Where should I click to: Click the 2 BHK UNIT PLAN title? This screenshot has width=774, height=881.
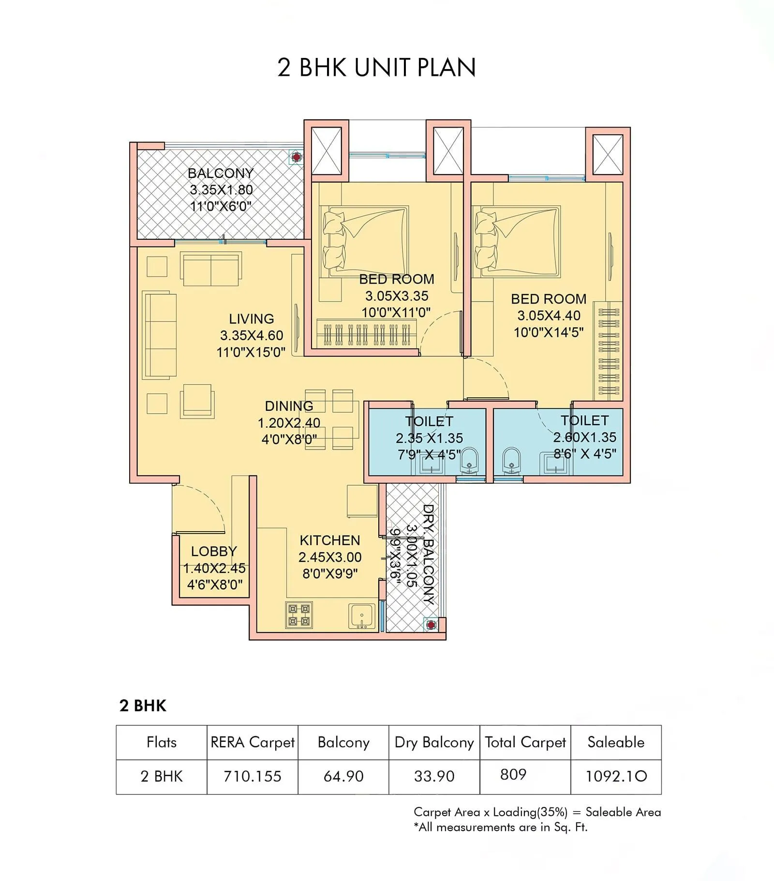(x=376, y=67)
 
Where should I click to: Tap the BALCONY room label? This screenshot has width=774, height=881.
(x=221, y=173)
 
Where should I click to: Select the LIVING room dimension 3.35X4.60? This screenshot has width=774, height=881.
(x=252, y=335)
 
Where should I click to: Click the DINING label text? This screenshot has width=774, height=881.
(x=289, y=406)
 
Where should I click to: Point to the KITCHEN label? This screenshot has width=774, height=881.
(x=330, y=540)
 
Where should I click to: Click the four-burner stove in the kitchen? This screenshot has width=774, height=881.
(x=299, y=615)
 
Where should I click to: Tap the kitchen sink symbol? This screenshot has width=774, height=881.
(x=361, y=616)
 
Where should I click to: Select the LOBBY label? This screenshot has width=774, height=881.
(x=214, y=551)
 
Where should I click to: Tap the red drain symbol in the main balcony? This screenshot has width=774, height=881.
(x=296, y=157)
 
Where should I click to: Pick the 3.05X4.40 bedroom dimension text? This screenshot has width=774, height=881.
(x=549, y=316)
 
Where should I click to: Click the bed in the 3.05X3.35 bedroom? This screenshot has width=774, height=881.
(x=366, y=242)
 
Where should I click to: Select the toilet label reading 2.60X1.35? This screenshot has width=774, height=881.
(x=584, y=437)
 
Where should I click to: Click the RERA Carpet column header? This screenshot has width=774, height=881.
(x=253, y=742)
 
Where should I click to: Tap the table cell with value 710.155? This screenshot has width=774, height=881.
(x=253, y=777)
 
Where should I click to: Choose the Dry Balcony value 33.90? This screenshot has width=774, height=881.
(x=434, y=777)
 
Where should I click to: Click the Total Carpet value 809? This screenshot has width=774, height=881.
(x=513, y=775)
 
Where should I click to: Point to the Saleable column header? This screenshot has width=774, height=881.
(x=616, y=742)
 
